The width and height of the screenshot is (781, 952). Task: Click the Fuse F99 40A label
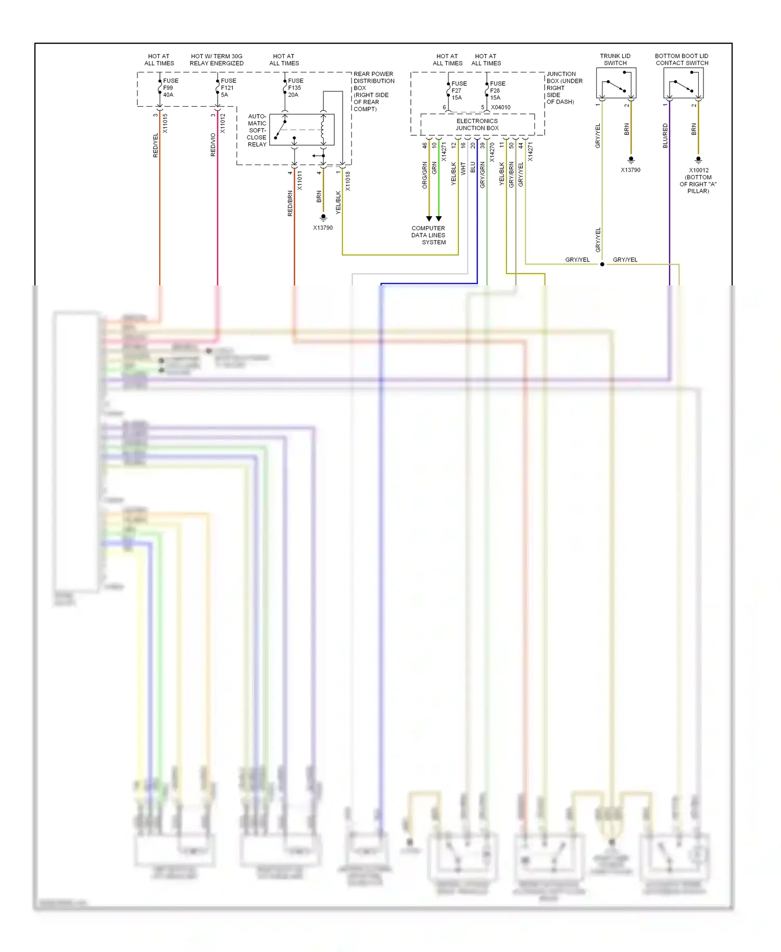(x=170, y=87)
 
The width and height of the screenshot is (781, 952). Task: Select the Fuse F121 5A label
(x=228, y=87)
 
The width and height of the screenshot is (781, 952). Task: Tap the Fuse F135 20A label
(x=295, y=87)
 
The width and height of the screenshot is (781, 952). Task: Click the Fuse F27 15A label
(x=459, y=90)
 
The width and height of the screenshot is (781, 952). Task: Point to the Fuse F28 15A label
(x=497, y=90)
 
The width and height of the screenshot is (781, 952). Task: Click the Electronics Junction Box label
(x=477, y=124)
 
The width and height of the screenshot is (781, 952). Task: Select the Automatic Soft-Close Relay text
(x=257, y=130)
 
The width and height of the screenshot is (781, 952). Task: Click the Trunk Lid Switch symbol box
(x=616, y=83)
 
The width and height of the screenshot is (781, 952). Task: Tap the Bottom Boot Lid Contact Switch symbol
(x=683, y=83)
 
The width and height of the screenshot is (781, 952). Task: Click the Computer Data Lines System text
(x=429, y=235)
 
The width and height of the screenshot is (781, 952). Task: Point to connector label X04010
(x=500, y=107)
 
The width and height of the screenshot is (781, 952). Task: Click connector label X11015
(x=165, y=123)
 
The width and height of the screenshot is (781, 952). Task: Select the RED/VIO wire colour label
(x=213, y=145)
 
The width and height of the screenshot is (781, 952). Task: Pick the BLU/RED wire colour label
(x=665, y=135)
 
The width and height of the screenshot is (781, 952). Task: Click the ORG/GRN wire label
(x=424, y=174)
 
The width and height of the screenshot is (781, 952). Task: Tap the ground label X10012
(x=698, y=170)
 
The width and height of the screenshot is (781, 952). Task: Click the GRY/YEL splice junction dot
(x=602, y=264)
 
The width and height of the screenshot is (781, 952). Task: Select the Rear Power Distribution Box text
(x=373, y=91)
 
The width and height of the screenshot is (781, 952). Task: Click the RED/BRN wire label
(x=290, y=203)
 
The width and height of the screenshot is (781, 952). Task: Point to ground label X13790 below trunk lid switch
(x=630, y=170)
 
